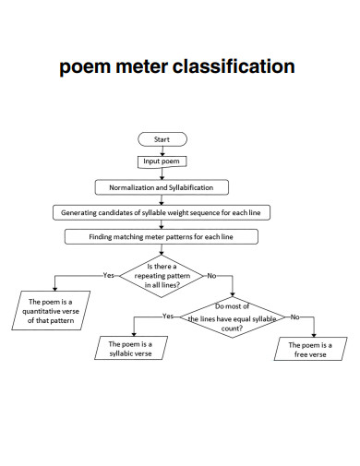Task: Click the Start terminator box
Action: (162, 139)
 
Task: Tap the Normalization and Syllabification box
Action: (162, 187)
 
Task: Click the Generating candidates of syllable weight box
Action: (162, 212)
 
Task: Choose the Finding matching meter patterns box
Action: (162, 237)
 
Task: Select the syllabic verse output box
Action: (130, 348)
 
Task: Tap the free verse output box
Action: (310, 349)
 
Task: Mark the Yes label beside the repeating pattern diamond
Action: (109, 275)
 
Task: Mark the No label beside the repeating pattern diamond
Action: (212, 275)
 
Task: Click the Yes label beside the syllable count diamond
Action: (168, 317)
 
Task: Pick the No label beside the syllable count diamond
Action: (295, 317)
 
